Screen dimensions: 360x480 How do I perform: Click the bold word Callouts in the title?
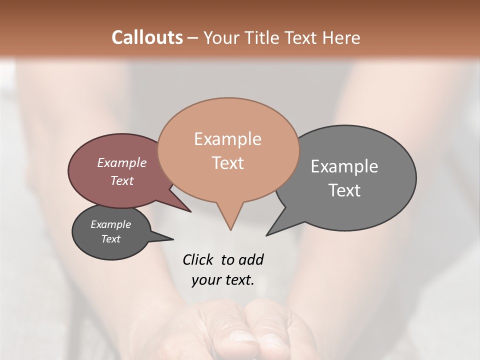point(147,37)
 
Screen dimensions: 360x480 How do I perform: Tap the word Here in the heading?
point(342,37)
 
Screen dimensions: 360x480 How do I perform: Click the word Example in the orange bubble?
point(227,139)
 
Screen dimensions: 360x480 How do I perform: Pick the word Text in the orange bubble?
point(227,163)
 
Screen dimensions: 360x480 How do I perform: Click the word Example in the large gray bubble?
point(344,166)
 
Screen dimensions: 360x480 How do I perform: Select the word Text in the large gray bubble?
point(344,190)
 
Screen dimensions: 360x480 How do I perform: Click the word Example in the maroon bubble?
point(122,162)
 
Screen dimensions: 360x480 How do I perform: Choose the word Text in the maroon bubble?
point(122,180)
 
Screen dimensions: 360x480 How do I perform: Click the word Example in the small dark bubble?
point(110,224)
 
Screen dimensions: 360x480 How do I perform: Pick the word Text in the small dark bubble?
point(110,239)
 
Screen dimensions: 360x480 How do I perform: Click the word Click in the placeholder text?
point(197,259)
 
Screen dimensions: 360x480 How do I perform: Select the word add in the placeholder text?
point(251,259)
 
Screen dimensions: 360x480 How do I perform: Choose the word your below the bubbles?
point(204,280)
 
